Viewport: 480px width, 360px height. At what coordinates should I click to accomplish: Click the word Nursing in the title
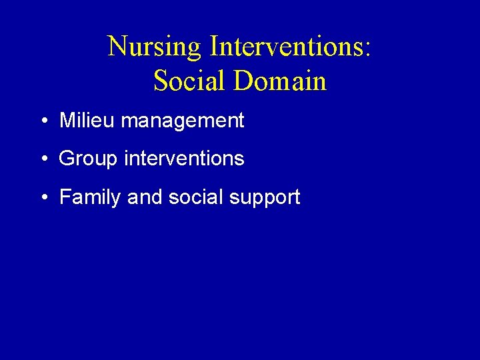tap(154, 47)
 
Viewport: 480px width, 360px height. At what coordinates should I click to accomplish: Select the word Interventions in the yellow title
tap(287, 47)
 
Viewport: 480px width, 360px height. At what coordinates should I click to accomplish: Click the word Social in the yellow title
tap(190, 81)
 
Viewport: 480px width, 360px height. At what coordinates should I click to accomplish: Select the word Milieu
tap(87, 121)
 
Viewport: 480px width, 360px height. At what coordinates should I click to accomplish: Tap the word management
tap(183, 121)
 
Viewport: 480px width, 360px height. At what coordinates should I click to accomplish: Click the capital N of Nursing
tap(117, 47)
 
